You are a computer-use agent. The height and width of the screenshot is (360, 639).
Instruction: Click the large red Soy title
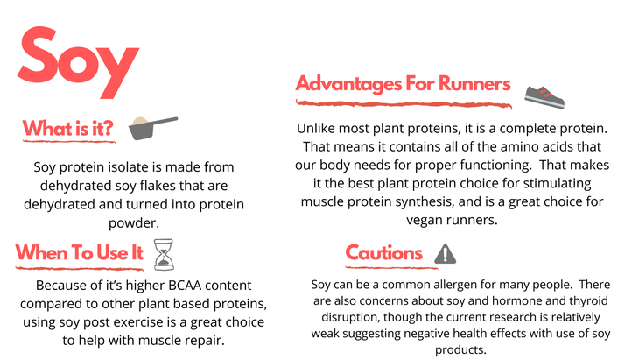[x=78, y=61]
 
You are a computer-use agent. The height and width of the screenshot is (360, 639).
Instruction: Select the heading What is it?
[x=67, y=128]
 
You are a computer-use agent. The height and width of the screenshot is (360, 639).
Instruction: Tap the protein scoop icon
[x=153, y=128]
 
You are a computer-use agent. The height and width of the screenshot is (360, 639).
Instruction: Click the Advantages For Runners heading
[x=403, y=84]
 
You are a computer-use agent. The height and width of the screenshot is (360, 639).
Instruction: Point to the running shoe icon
[x=544, y=97]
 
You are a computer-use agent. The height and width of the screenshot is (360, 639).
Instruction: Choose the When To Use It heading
[x=80, y=252]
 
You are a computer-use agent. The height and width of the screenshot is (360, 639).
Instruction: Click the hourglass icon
[x=164, y=255]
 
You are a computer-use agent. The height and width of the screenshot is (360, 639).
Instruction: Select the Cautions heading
[x=384, y=253]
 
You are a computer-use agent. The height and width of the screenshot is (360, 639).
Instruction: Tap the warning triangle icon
[x=445, y=254]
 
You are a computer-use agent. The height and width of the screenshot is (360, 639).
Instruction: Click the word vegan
[x=425, y=221]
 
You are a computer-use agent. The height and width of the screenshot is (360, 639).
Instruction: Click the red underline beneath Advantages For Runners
[x=404, y=104]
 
